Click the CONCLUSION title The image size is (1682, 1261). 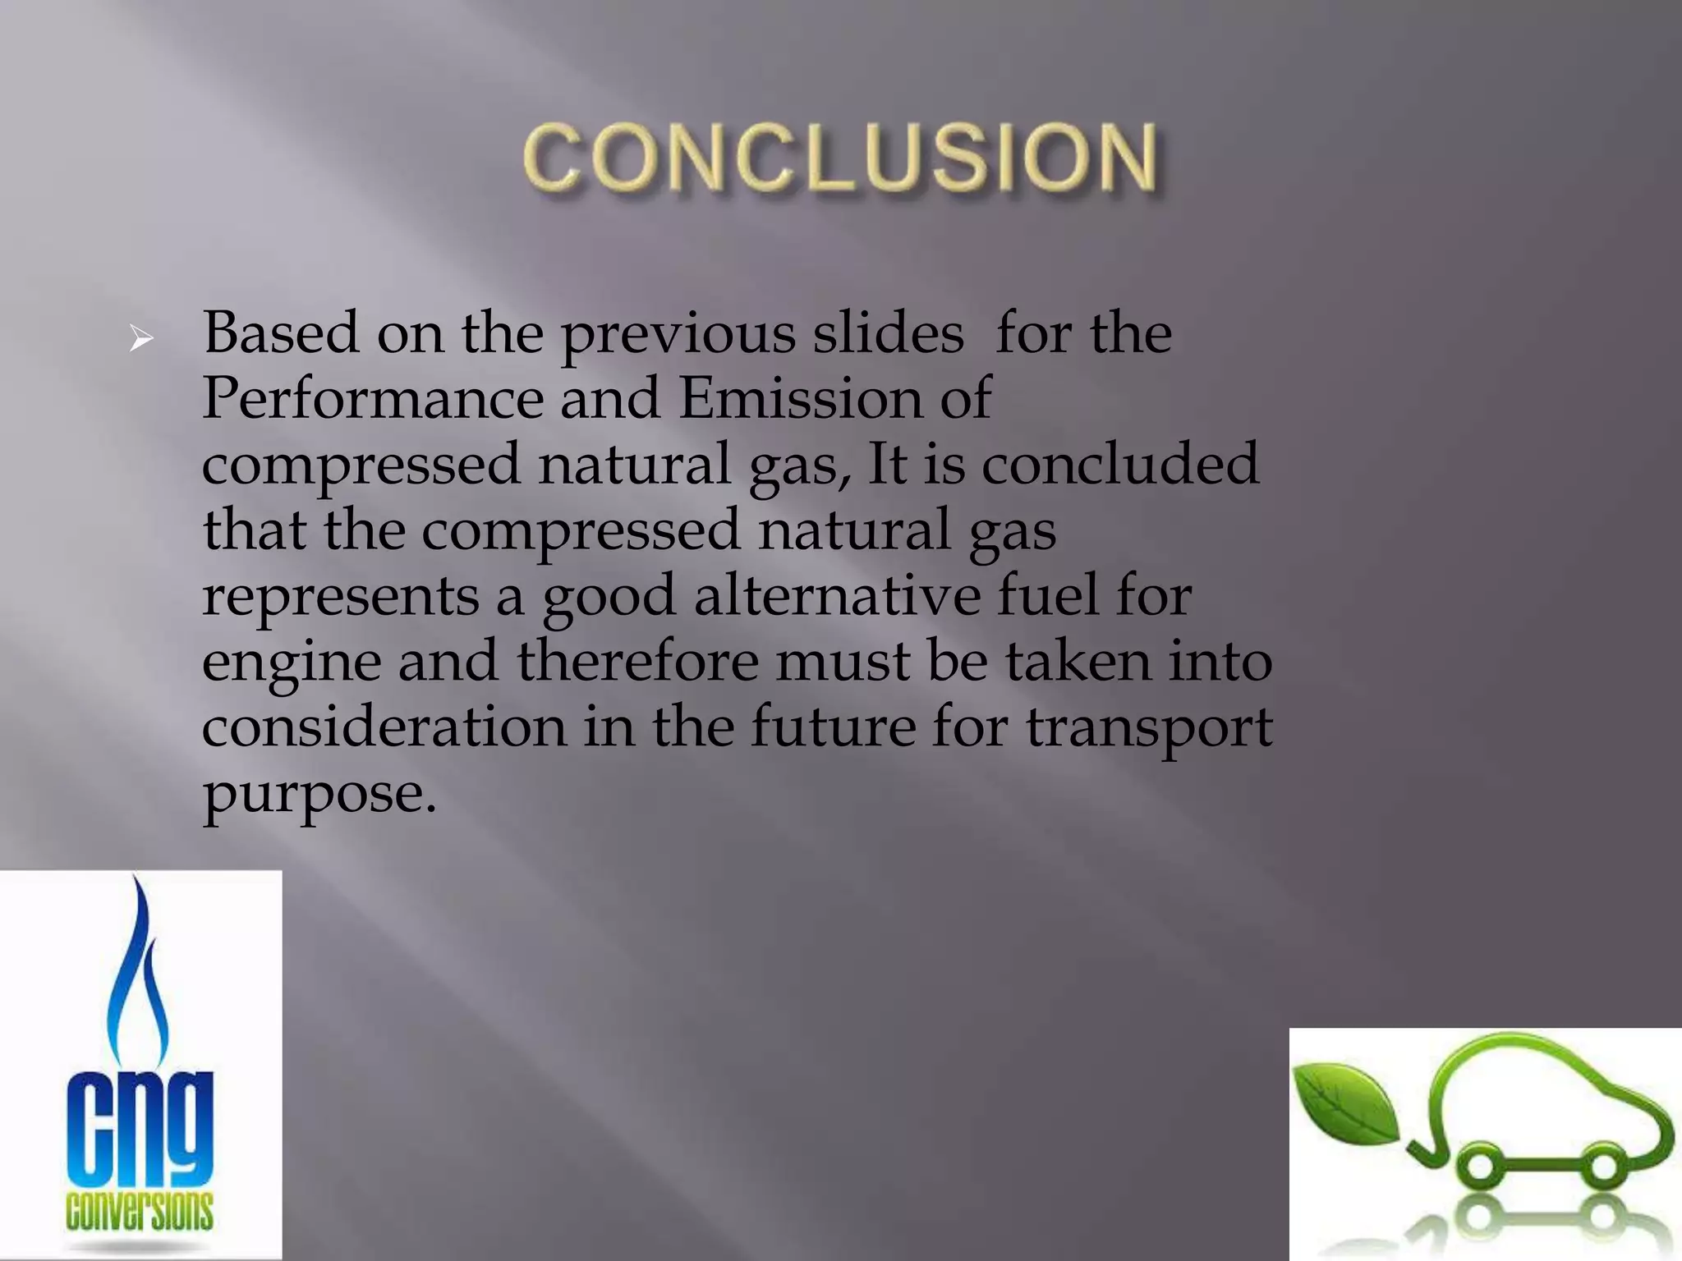pyautogui.click(x=841, y=158)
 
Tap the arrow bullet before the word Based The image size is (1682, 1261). pyautogui.click(x=141, y=338)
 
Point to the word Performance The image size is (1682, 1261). pyautogui.click(x=372, y=399)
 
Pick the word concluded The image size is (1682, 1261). pyautogui.click(x=1119, y=464)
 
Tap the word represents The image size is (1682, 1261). pyautogui.click(x=340, y=598)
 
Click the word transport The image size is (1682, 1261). pyautogui.click(x=1148, y=729)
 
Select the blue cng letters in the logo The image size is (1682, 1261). pyautogui.click(x=140, y=1129)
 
